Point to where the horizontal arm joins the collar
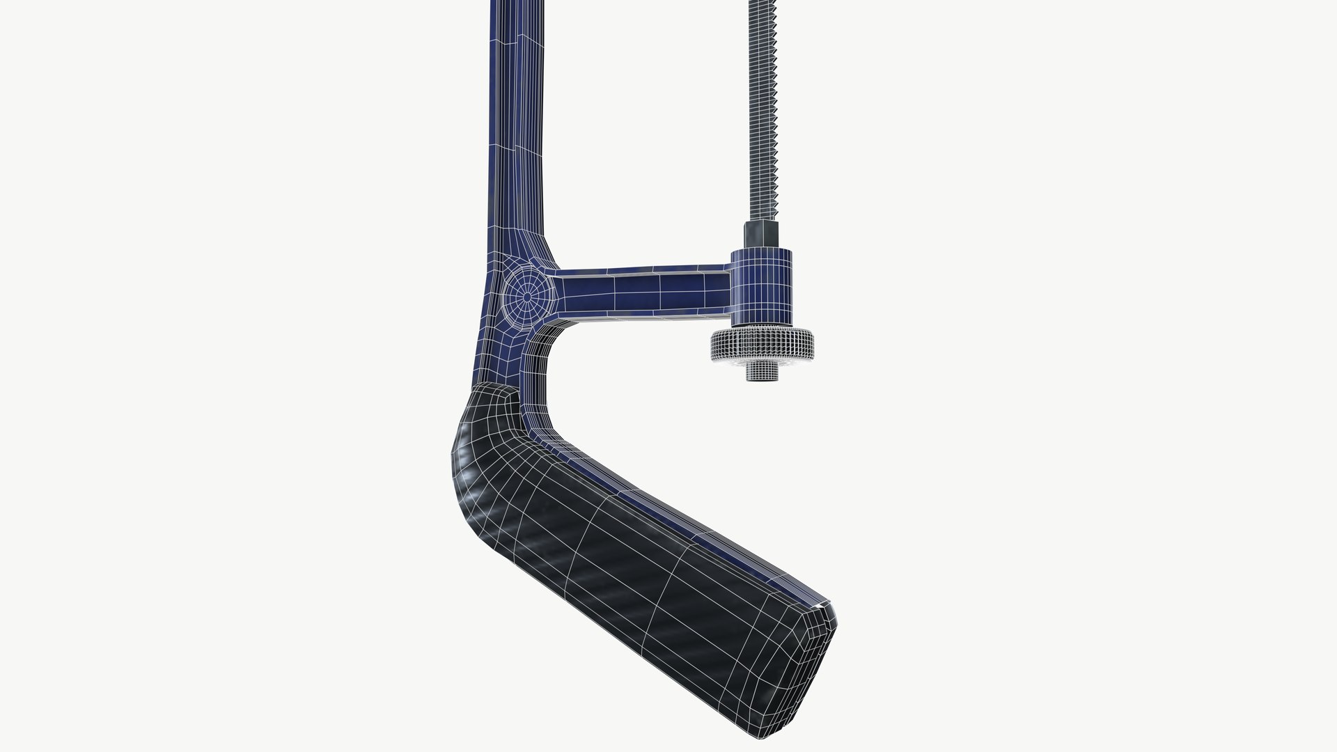pos(730,285)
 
